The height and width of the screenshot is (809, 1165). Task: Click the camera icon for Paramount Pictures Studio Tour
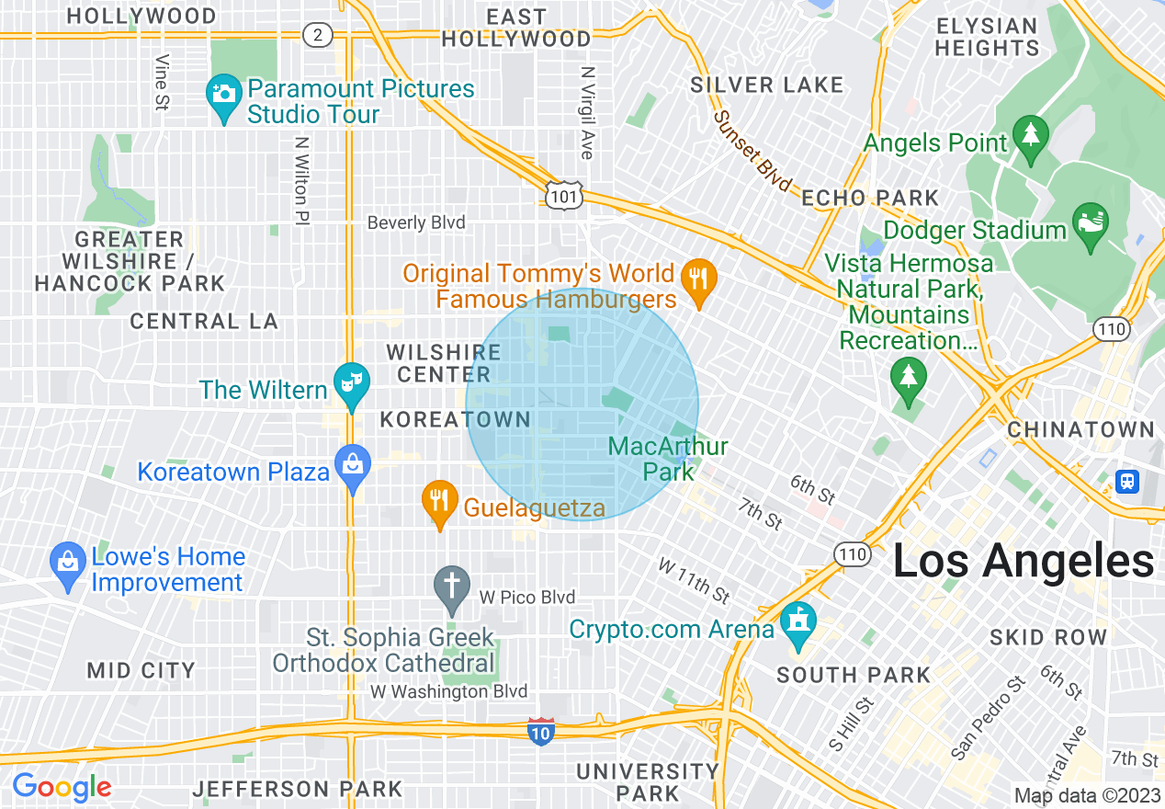tap(222, 95)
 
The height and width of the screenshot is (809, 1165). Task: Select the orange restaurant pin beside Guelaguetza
tap(440, 502)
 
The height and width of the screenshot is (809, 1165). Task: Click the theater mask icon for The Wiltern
tap(351, 379)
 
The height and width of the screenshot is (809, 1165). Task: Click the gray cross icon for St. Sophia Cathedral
tap(451, 587)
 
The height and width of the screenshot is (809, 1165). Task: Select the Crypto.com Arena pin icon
tap(797, 623)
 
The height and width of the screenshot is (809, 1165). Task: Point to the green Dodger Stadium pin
tap(1091, 224)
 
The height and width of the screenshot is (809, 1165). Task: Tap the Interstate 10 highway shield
tap(541, 732)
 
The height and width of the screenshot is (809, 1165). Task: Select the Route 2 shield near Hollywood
tap(317, 35)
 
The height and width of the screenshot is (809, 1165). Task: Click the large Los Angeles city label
tap(1023, 561)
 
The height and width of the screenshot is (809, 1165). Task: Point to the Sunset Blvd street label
tap(752, 153)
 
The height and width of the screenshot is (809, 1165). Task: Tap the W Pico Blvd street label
tap(527, 598)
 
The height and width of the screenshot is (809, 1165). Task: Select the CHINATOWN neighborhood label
tap(1080, 429)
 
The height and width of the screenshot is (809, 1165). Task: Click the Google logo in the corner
tap(62, 787)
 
